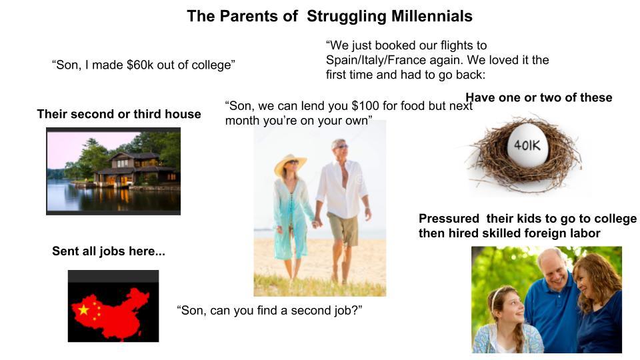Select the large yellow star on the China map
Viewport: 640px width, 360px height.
tap(83, 309)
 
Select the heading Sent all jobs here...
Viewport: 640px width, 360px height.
tap(109, 251)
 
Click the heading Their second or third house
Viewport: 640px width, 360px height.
tap(119, 114)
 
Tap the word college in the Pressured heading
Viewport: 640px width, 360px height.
tap(609, 219)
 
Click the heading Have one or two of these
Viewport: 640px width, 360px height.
tap(539, 97)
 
